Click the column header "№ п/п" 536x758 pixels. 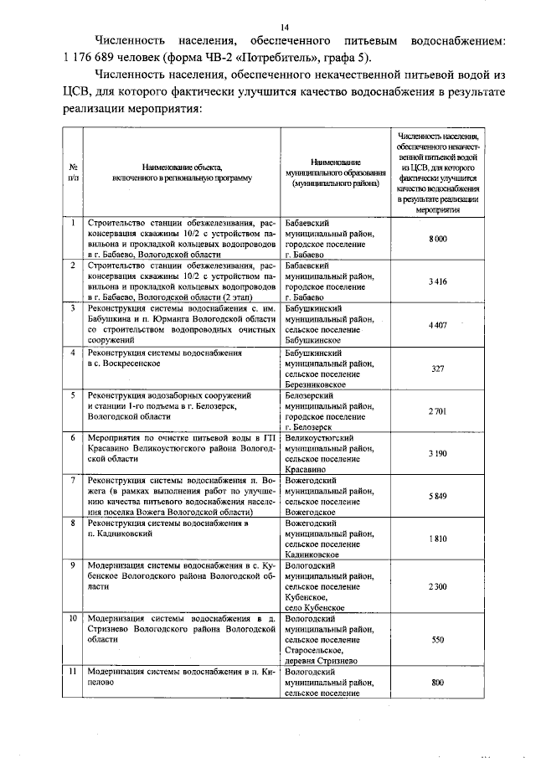(74, 172)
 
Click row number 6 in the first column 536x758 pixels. (74, 437)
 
